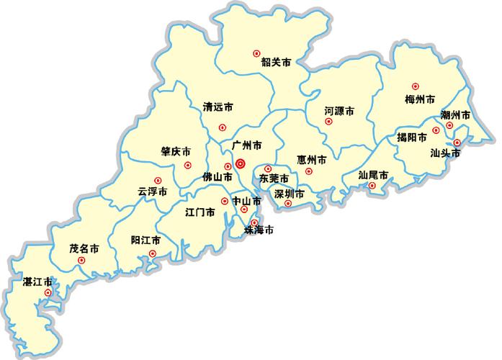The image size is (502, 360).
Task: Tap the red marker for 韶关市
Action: coord(256,53)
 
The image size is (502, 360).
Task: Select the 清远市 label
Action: coord(218,107)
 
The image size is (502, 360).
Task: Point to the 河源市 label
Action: coord(339,112)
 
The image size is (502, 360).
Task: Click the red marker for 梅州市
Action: coord(415,86)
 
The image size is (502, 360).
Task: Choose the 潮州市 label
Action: coord(456,115)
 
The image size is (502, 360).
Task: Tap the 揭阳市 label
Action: coord(412,137)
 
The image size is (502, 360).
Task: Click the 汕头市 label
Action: coord(445,153)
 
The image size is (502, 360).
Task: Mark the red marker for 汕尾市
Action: coord(372,186)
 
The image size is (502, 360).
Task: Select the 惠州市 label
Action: coord(312,159)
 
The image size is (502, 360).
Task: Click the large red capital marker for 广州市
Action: coord(241,163)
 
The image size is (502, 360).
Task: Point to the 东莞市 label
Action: coord(274,178)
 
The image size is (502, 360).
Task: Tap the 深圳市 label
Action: coord(290,194)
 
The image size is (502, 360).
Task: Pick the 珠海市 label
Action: coord(259,230)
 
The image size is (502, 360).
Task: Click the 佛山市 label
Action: coord(217,176)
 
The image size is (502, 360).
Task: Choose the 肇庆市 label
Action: coord(176,152)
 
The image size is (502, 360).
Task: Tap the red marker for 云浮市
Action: coord(158,181)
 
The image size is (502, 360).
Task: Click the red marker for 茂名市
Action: coord(81,260)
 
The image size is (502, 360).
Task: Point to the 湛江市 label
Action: coord(37,281)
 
